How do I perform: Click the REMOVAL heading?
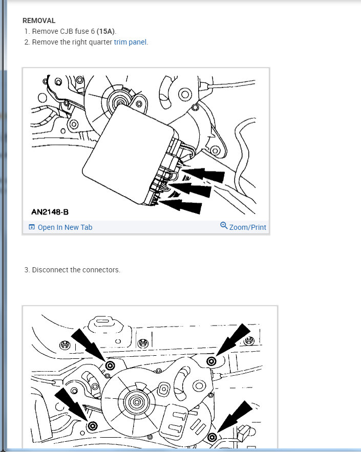tap(39, 21)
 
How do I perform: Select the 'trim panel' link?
tap(131, 42)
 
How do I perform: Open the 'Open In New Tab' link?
tap(65, 227)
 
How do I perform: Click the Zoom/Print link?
tap(247, 227)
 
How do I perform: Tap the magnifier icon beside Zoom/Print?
tap(224, 226)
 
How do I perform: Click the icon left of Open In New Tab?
tap(32, 227)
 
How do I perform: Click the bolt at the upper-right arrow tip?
tap(211, 362)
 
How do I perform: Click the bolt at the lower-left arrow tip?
tap(93, 426)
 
